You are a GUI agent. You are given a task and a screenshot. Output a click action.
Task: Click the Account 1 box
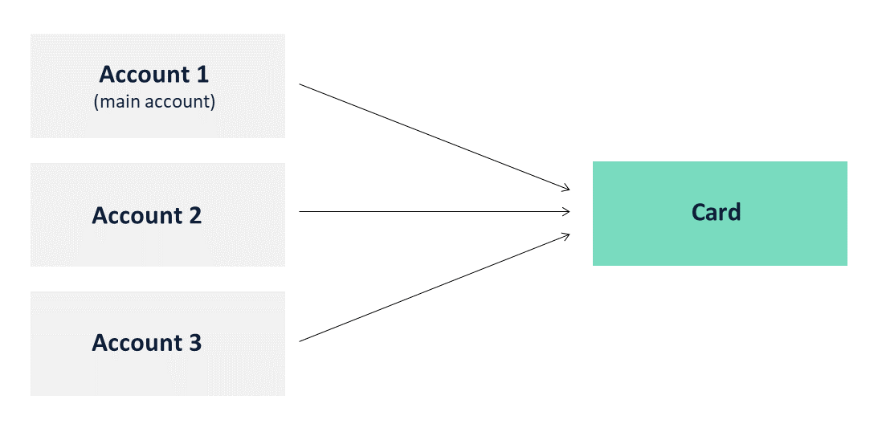pyautogui.click(x=157, y=86)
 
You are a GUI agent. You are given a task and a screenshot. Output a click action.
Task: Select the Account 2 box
pyautogui.click(x=157, y=215)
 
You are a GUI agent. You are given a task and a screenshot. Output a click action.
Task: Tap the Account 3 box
pyautogui.click(x=157, y=343)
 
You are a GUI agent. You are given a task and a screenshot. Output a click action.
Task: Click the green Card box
pyautogui.click(x=720, y=214)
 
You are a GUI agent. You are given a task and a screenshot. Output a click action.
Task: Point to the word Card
pyautogui.click(x=716, y=213)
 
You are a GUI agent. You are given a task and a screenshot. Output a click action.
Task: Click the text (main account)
pyautogui.click(x=154, y=102)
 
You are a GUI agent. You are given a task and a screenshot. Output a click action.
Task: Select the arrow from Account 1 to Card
pyautogui.click(x=435, y=137)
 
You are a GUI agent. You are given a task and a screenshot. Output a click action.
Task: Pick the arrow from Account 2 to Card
pyautogui.click(x=435, y=211)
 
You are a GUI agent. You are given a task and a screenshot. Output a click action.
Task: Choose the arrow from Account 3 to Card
pyautogui.click(x=435, y=287)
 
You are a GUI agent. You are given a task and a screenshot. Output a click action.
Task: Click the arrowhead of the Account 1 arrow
pyautogui.click(x=566, y=188)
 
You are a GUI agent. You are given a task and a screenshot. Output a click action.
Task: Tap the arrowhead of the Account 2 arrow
pyautogui.click(x=566, y=211)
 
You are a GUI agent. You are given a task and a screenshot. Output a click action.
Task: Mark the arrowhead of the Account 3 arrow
pyautogui.click(x=566, y=235)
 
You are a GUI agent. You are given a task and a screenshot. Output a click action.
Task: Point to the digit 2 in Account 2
pyautogui.click(x=194, y=215)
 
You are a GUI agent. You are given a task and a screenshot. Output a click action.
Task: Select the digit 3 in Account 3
pyautogui.click(x=194, y=343)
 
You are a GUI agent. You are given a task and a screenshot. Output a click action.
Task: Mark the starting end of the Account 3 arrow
pyautogui.click(x=300, y=340)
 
